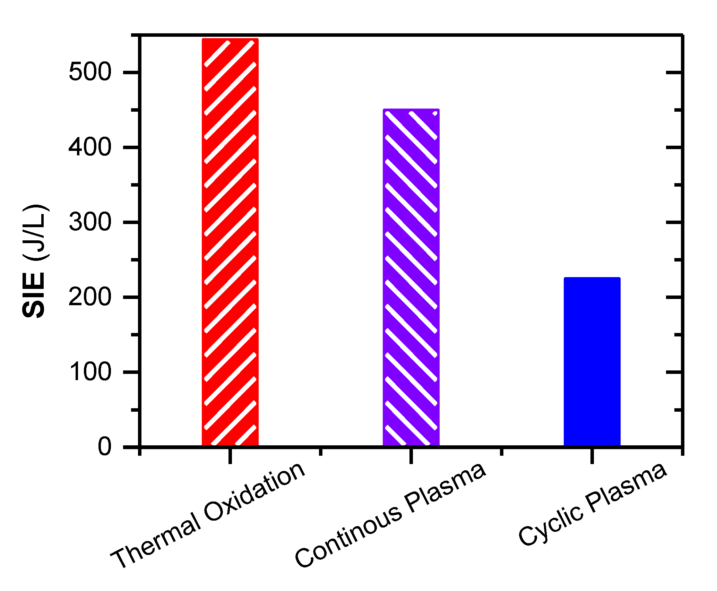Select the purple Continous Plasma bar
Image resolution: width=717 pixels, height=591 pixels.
coord(411,277)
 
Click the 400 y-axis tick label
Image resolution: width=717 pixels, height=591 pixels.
coord(90,147)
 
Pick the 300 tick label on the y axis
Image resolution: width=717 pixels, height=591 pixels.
coord(90,222)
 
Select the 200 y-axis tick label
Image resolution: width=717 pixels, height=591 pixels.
coord(90,297)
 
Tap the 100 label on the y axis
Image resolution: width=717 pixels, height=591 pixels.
coord(90,372)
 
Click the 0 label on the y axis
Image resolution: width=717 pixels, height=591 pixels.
coord(104,447)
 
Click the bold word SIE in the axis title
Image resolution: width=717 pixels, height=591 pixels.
coord(34,295)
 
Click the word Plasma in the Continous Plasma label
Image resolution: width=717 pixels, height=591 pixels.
coord(446,487)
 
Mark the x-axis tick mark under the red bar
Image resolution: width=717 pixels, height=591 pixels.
coord(230,455)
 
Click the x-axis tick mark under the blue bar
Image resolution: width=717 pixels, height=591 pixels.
coord(592,455)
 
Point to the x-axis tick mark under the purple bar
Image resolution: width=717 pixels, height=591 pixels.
coord(411,455)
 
